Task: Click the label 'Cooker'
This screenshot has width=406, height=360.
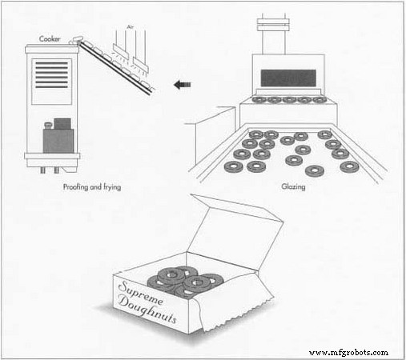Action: pos(51,36)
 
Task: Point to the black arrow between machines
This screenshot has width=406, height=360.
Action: pos(183,82)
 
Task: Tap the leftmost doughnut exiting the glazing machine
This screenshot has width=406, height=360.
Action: pos(259,101)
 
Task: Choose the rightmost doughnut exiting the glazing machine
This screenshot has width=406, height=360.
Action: pos(320,101)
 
